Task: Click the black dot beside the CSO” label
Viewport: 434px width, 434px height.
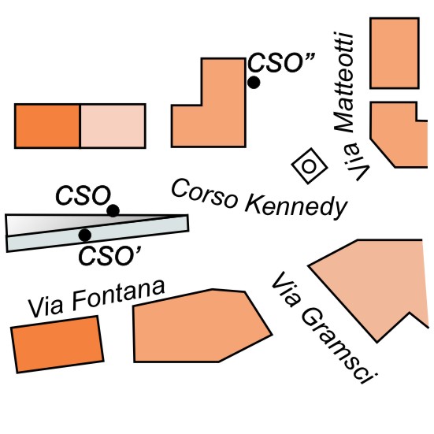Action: tap(254, 83)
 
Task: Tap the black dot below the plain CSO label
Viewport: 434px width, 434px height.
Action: tap(113, 211)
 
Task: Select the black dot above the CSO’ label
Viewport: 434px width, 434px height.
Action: tap(85, 235)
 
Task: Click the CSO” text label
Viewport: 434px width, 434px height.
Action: tap(281, 63)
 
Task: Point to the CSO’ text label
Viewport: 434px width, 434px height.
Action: tap(110, 256)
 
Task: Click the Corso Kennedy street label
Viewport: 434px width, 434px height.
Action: tap(259, 199)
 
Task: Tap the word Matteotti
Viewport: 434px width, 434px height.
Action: tap(344, 82)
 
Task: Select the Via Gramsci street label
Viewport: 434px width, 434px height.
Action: tap(325, 328)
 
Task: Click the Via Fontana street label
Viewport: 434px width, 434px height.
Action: tap(97, 299)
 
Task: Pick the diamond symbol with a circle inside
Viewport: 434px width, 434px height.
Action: tap(310, 165)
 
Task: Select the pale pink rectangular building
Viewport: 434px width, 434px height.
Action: tap(113, 126)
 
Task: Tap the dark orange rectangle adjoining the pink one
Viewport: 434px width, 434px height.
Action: tap(47, 126)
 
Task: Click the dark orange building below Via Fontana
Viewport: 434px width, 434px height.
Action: tap(57, 344)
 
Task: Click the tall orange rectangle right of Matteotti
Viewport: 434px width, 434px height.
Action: tap(395, 53)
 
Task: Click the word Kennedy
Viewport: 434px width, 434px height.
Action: tap(295, 206)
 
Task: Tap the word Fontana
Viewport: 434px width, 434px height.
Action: tap(118, 294)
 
